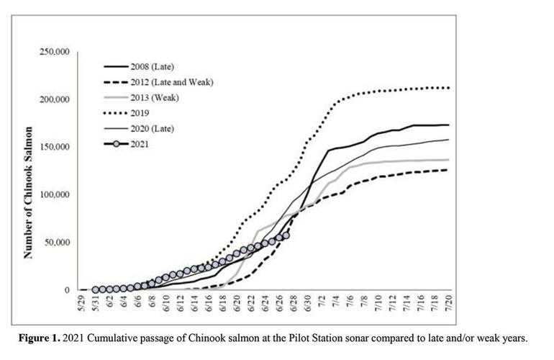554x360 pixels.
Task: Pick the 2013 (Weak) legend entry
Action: pyautogui.click(x=154, y=97)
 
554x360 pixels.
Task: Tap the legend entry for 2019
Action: pyautogui.click(x=140, y=113)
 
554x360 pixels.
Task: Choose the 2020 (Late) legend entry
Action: pyautogui.click(x=153, y=128)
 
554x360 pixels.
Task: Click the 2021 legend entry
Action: pyautogui.click(x=140, y=144)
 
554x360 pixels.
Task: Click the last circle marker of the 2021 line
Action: pyautogui.click(x=286, y=235)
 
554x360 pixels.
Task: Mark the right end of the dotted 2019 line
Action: pyautogui.click(x=449, y=88)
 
